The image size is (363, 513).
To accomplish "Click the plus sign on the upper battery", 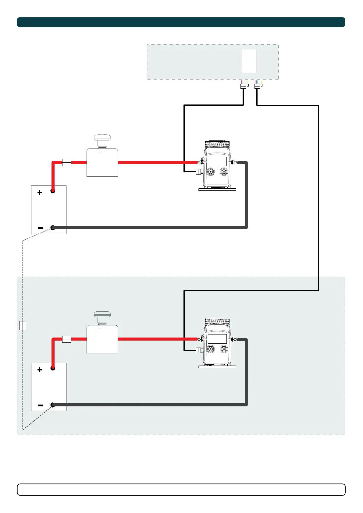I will tap(40, 193).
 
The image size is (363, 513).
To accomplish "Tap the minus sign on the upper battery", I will tap(40, 228).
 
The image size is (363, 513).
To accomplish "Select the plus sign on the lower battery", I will tap(40, 370).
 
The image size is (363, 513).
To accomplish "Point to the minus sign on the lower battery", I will tap(40, 405).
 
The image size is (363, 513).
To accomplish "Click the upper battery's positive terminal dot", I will tap(53, 191).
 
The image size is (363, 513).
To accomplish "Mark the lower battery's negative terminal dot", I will tap(53, 405).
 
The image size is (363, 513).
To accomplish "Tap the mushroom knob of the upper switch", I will tap(102, 138).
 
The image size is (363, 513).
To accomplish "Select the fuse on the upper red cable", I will tap(66, 162).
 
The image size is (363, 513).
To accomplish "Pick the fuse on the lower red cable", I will tap(66, 339).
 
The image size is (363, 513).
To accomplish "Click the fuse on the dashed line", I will tap(23, 325).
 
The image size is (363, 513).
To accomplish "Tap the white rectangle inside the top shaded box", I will tap(249, 61).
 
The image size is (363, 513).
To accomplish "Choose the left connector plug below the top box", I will tap(243, 86).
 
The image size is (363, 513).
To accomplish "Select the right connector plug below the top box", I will tap(257, 86).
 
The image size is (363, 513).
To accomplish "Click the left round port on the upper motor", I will tap(210, 172).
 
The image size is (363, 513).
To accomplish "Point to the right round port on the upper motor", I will tap(224, 172).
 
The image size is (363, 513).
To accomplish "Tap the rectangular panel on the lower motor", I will tap(217, 338).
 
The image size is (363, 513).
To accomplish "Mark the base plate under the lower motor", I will tap(217, 367).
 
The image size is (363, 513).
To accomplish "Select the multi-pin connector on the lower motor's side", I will tap(198, 350).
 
